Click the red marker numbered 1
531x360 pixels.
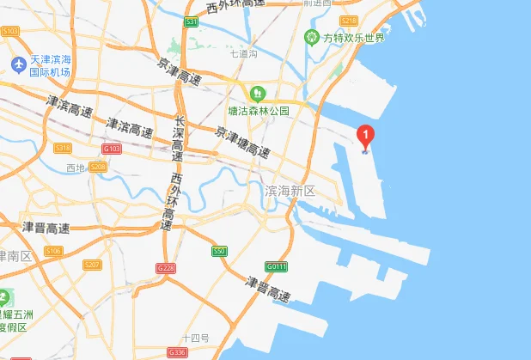tap(365, 136)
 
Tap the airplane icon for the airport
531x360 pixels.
tap(17, 65)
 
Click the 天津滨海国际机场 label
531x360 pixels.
tap(51, 66)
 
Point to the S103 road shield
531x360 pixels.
tap(10, 30)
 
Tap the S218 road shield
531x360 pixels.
tap(348, 21)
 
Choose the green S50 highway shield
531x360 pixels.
tap(220, 251)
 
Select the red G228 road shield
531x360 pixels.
tap(166, 268)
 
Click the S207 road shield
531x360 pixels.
tap(92, 265)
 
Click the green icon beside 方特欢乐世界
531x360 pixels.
tap(311, 37)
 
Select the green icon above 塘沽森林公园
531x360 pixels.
tap(255, 93)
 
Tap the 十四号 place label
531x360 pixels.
tap(196, 338)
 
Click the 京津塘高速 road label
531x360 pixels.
tap(243, 141)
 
